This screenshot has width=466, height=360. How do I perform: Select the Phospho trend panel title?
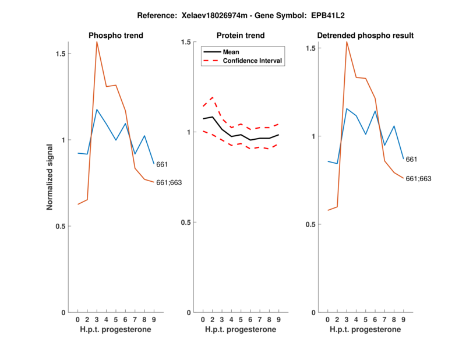coord(115,36)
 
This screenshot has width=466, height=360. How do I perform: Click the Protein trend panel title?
coord(241,36)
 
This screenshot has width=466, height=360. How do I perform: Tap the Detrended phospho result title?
coord(365,36)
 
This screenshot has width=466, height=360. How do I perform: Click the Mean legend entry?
coord(231,52)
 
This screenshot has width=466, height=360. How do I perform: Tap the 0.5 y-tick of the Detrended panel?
coord(313,224)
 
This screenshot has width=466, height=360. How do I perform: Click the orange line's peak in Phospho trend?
coord(97,41)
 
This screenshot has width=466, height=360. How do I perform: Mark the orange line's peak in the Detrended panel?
coord(347,41)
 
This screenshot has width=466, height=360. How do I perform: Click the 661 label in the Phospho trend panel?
coord(163,165)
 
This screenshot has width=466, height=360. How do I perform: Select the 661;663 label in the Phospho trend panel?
coord(169,182)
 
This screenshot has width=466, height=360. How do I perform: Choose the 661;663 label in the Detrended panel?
coord(418,179)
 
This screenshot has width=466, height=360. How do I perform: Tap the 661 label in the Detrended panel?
coord(412,159)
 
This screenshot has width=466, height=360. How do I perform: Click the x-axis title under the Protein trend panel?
coord(241,330)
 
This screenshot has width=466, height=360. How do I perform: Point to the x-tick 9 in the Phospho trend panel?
coord(154,319)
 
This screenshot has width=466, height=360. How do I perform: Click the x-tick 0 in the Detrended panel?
coord(328,319)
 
